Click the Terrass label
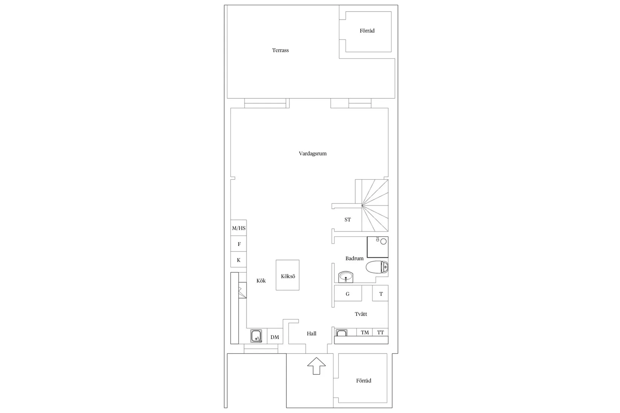280,50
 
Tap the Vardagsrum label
313,154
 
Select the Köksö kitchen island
287,275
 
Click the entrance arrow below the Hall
316,366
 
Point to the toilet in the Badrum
377,267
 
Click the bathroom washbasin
346,277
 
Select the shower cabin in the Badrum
378,247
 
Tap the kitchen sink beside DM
256,336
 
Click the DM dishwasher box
275,336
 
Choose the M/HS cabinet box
239,228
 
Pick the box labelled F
239,244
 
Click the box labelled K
239,259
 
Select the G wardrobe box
348,293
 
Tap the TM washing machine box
364,332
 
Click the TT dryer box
380,332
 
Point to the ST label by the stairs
348,220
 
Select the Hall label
312,334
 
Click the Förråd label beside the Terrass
367,31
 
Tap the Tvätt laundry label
361,314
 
